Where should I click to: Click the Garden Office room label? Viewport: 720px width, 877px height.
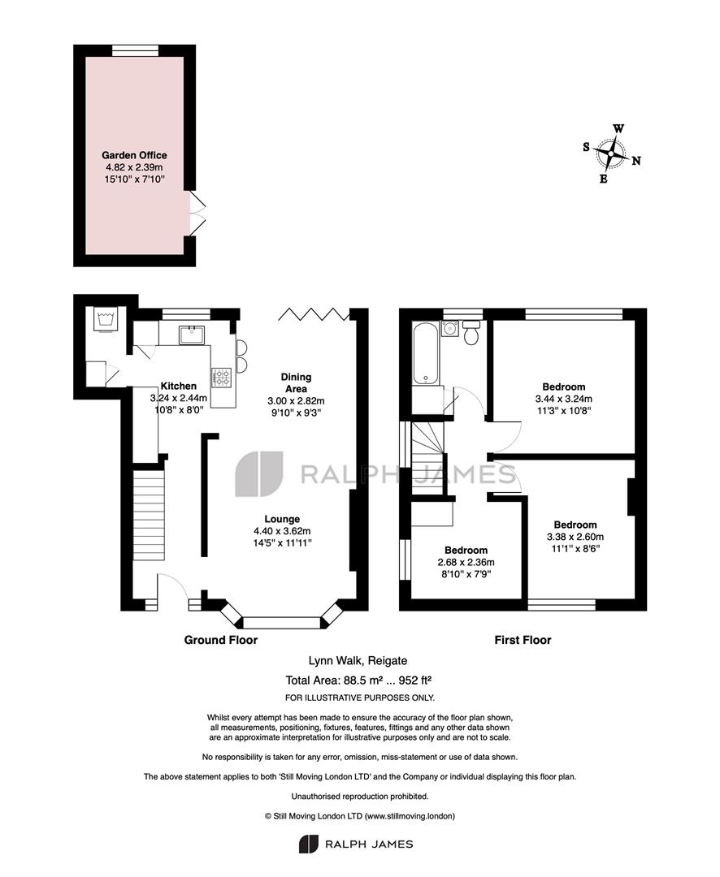coord(134,155)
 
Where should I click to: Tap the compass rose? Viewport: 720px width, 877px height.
coord(611,153)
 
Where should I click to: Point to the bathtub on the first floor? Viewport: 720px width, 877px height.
coord(426,353)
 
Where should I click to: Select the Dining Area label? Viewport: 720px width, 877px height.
coord(296,382)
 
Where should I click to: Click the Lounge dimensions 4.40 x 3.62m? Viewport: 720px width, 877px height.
coord(282,531)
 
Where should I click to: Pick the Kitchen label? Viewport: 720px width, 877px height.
coord(179,386)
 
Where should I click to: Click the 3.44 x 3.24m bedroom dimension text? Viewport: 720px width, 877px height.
coord(564,399)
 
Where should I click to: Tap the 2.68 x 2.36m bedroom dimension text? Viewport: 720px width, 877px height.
coord(466,562)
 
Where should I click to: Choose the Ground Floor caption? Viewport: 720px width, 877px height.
coord(220,640)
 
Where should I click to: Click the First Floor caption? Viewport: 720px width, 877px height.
coord(523,640)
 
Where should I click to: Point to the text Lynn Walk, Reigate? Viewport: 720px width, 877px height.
coord(358,660)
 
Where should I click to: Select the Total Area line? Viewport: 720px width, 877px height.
coord(358,680)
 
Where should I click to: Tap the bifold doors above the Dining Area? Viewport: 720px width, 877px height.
coord(314,313)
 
